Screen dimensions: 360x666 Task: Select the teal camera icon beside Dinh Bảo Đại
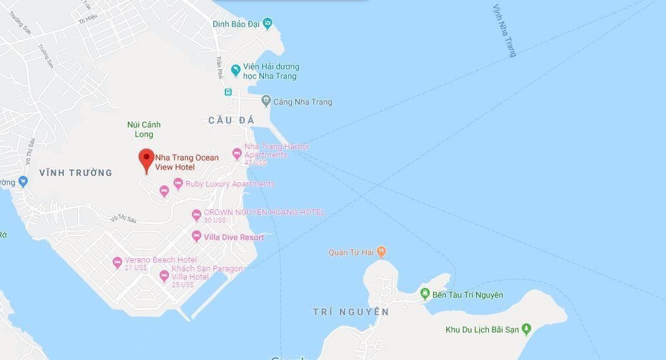tap(268, 24)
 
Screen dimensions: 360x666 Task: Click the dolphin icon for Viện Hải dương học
tap(236, 68)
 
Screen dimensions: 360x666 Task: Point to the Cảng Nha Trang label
tap(303, 102)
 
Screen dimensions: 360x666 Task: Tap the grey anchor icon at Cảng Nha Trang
tap(266, 101)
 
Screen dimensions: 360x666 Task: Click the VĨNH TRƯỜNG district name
tap(75, 173)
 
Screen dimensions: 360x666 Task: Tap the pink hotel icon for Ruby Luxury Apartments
tap(164, 190)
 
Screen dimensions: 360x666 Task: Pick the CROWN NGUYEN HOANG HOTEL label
tap(264, 213)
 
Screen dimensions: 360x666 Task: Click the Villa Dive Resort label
tap(234, 237)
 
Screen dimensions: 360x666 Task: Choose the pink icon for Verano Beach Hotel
tap(117, 262)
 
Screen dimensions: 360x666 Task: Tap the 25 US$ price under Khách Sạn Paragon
tap(182, 285)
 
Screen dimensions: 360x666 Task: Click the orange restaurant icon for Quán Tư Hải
tap(381, 252)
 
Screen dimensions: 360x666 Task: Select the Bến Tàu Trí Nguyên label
tap(468, 295)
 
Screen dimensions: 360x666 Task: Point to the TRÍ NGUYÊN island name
tap(350, 312)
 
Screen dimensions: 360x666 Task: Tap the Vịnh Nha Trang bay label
tap(505, 30)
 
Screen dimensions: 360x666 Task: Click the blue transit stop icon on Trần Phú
tap(228, 92)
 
